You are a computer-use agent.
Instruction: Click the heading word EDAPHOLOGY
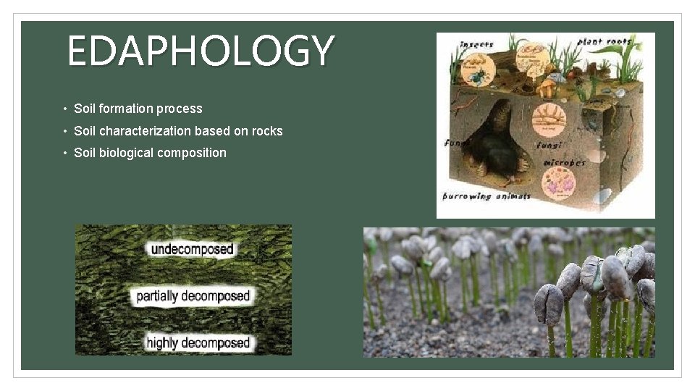click(x=201, y=51)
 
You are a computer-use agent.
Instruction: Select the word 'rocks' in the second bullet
click(x=267, y=131)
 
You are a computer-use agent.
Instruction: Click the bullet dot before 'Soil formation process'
click(x=64, y=109)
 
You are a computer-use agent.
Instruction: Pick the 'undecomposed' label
click(x=192, y=250)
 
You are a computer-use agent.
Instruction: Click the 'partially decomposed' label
click(x=193, y=296)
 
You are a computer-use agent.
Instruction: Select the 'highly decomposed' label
click(x=198, y=342)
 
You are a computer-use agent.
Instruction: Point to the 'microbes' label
click(x=564, y=162)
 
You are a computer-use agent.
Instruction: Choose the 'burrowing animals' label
click(x=486, y=195)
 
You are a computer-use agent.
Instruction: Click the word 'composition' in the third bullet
click(x=195, y=153)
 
